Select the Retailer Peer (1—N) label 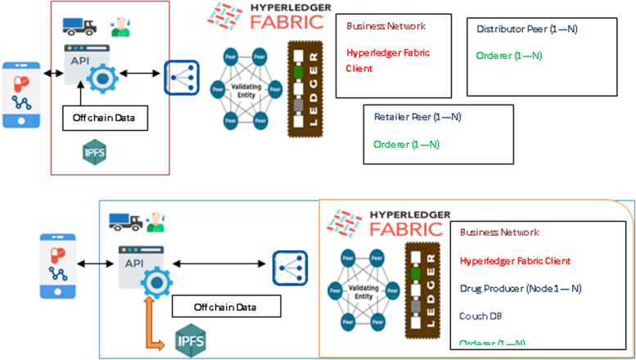tap(417, 117)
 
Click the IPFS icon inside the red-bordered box tap(94, 152)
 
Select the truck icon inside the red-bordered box tap(79, 26)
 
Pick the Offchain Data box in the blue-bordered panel tap(226, 307)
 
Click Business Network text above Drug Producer tap(499, 232)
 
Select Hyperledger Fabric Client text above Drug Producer tap(515, 260)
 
